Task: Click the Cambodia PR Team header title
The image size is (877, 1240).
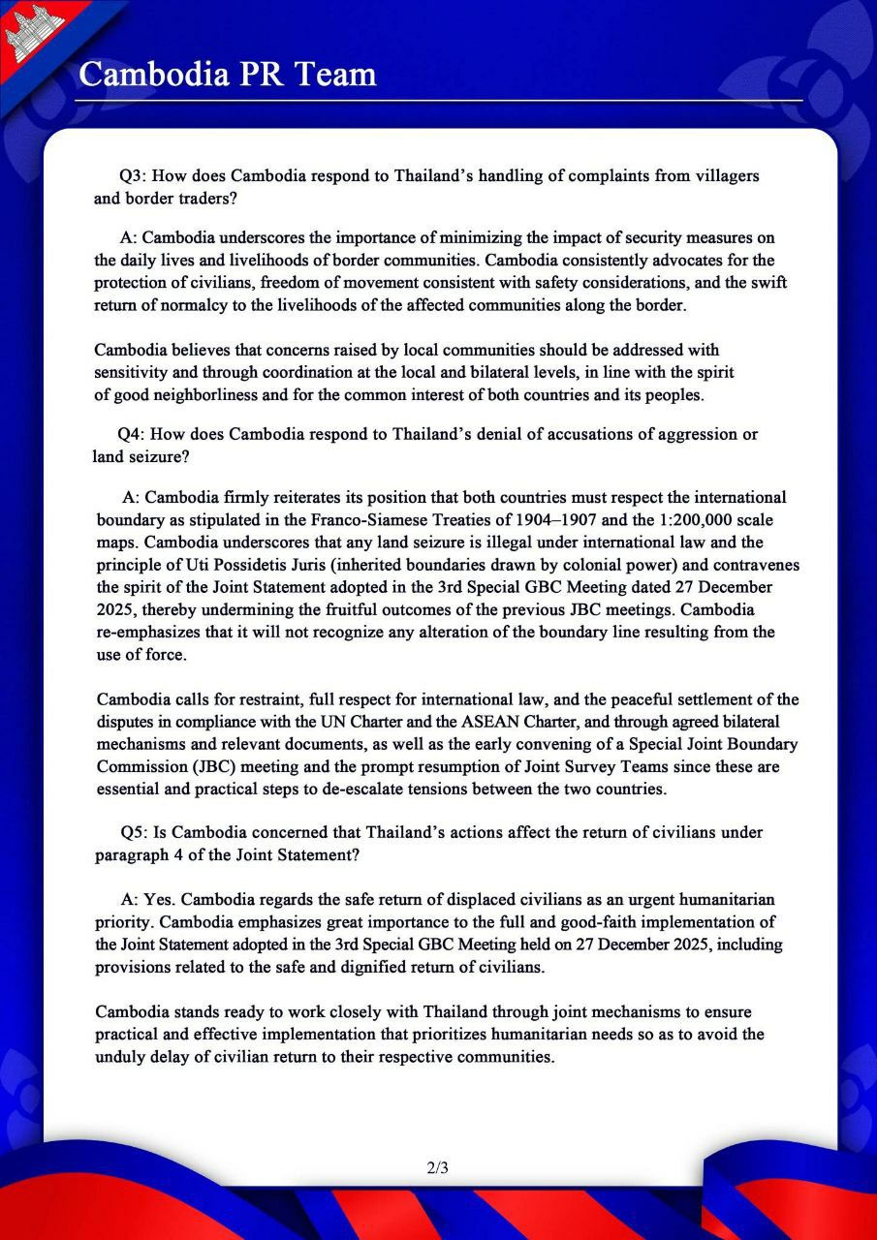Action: [227, 74]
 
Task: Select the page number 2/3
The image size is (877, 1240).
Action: [438, 1167]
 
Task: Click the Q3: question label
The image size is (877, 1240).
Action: [134, 177]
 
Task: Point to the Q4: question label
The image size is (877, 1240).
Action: [132, 434]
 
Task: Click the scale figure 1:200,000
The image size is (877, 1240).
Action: [701, 520]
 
